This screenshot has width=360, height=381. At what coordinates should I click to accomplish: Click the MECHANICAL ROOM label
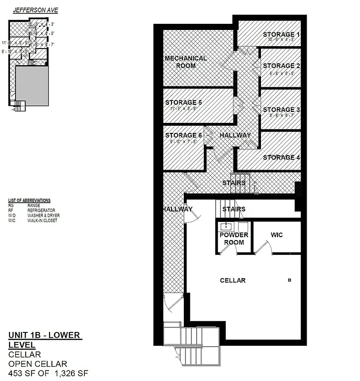pos(186,62)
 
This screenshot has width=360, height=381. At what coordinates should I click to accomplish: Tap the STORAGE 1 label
pos(281,34)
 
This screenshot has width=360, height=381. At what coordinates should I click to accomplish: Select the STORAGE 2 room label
pos(281,66)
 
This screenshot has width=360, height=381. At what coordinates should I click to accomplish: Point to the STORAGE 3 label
pos(281,110)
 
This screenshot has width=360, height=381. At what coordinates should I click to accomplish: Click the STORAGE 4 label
pos(281,157)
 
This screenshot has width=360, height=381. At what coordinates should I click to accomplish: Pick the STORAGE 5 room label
pos(184,102)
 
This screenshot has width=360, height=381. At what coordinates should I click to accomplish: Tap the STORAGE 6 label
pos(184,135)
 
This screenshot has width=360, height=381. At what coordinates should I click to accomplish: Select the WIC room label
pos(277,235)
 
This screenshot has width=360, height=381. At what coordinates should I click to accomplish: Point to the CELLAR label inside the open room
pos(232,281)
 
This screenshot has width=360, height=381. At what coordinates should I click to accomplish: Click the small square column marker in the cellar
pos(289,280)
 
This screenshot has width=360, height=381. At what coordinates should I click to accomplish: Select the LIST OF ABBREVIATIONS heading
pos(30,201)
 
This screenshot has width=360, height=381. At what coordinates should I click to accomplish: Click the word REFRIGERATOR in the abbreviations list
pos(41,210)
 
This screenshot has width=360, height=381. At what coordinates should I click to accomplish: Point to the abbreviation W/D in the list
pos(12,215)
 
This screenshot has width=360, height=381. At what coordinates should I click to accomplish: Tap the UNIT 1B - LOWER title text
pos(45,335)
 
